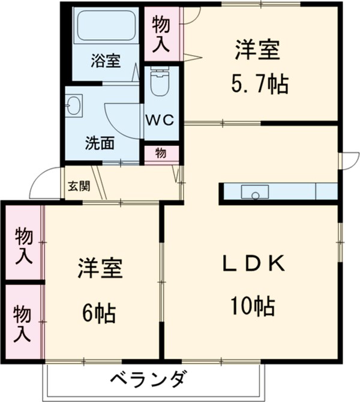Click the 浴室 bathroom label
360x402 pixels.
(x=106, y=61)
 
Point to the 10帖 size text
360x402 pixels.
(x=252, y=307)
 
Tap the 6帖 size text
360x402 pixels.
(x=100, y=312)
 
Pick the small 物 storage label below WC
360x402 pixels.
(x=161, y=154)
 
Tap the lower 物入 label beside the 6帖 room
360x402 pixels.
(x=23, y=322)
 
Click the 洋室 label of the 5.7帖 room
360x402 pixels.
(x=258, y=49)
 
